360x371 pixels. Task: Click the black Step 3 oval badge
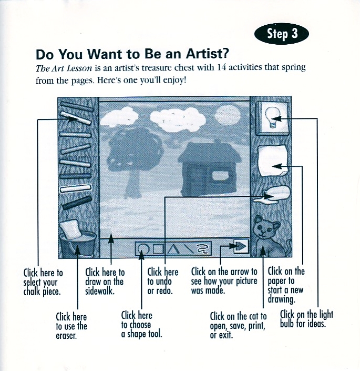coord(281,34)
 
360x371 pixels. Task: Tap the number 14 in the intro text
coord(221,67)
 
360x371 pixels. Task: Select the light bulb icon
coord(272,118)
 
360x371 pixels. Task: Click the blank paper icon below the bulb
coord(273,160)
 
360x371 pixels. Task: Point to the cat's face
coord(264,228)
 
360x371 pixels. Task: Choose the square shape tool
coord(158,249)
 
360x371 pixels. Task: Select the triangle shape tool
coord(173,249)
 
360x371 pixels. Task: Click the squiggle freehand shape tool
coord(202,249)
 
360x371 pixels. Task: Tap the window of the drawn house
coord(220,176)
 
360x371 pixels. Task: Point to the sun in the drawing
coord(227,115)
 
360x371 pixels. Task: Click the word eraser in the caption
coord(66,336)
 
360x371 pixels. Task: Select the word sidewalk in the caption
coord(100,291)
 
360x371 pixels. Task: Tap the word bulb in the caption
coord(287,323)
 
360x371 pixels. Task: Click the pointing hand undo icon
coord(272,195)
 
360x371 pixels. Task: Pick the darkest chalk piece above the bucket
coord(77,203)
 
